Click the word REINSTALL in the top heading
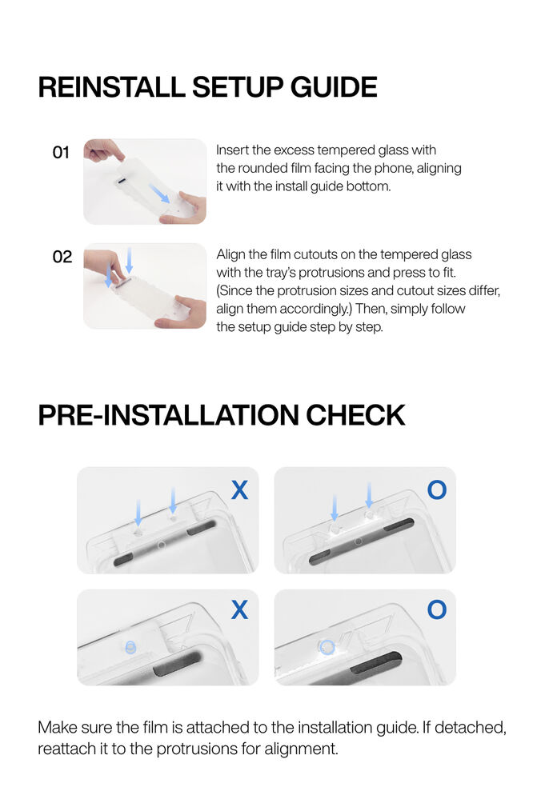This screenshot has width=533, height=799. [111, 87]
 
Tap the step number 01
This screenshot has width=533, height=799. [61, 152]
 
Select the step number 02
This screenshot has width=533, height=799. [62, 257]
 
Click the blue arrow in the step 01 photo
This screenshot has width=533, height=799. [159, 194]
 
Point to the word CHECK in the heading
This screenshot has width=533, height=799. [355, 415]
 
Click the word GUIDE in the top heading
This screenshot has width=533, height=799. [334, 87]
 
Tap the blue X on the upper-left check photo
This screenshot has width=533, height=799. [240, 490]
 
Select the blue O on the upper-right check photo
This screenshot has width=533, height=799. [437, 489]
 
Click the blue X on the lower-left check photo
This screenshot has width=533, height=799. [240, 609]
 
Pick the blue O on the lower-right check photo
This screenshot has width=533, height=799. [437, 609]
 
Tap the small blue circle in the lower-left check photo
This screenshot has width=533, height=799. [130, 647]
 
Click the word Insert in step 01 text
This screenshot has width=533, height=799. [232, 150]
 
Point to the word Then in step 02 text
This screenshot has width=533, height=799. [371, 309]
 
